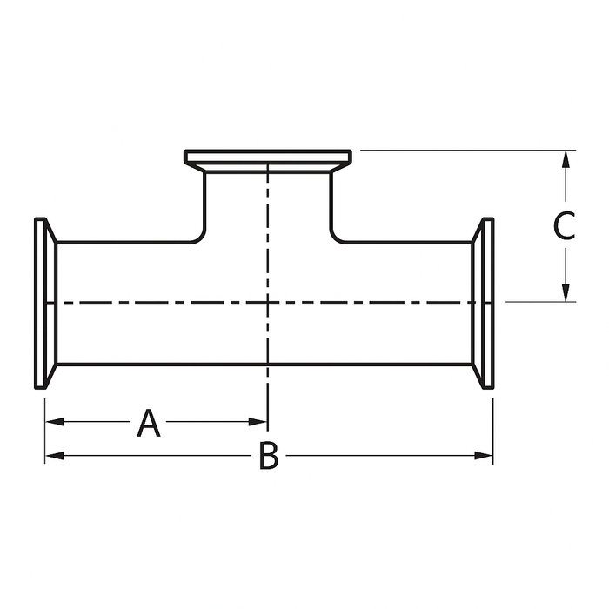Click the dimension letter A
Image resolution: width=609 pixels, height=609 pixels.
point(150,424)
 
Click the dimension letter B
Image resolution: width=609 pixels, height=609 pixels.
point(269,456)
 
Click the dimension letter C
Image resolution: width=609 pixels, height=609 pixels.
point(565,225)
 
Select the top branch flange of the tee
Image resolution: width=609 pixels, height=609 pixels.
point(268,157)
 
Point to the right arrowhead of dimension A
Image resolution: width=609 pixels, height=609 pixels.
point(260,422)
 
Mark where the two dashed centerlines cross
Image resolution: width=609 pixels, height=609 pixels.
point(268,302)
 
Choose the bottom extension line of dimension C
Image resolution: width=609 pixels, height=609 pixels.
point(539,302)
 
